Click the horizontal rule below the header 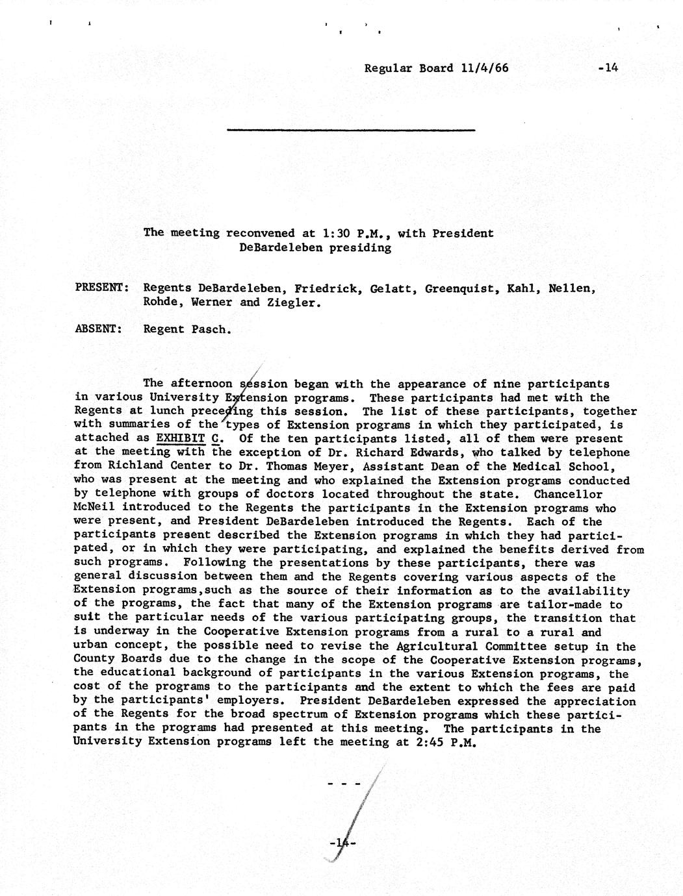tap(351, 131)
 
